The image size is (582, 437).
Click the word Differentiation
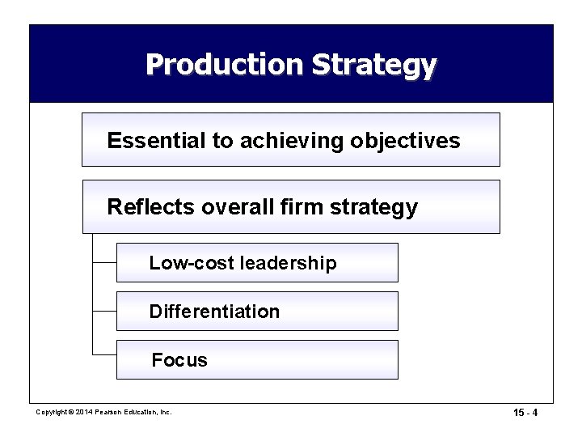click(x=214, y=312)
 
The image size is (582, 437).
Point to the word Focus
click(x=179, y=360)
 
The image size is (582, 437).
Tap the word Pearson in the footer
click(x=106, y=412)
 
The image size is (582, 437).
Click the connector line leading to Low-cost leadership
click(x=104, y=263)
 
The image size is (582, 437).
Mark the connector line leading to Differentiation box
click(x=104, y=312)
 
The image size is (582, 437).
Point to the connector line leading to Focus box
click(x=104, y=354)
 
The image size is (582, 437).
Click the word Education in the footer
click(x=140, y=412)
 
